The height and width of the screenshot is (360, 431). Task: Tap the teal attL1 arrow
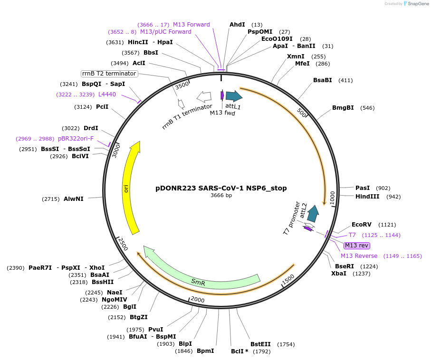pyautogui.click(x=233, y=96)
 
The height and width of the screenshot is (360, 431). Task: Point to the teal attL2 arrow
pyautogui.click(x=312, y=214)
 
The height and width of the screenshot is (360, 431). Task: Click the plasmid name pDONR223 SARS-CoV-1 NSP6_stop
pyautogui.click(x=221, y=188)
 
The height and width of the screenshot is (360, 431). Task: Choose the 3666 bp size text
pyautogui.click(x=221, y=195)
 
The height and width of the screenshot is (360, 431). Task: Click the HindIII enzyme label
pyautogui.click(x=367, y=197)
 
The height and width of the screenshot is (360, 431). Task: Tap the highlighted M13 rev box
pyautogui.click(x=356, y=246)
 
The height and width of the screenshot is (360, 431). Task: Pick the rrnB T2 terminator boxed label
pyautogui.click(x=109, y=74)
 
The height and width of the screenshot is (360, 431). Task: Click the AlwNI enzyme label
pyautogui.click(x=74, y=199)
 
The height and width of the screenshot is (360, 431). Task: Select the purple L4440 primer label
pyautogui.click(x=107, y=95)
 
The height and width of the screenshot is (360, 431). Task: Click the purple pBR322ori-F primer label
pyautogui.click(x=76, y=139)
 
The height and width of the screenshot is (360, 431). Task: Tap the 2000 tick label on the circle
pyautogui.click(x=197, y=300)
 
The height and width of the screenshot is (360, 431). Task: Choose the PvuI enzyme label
pyautogui.click(x=156, y=330)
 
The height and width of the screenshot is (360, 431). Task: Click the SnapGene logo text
pyautogui.click(x=416, y=4)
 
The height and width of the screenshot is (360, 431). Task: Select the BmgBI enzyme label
pyautogui.click(x=343, y=108)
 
